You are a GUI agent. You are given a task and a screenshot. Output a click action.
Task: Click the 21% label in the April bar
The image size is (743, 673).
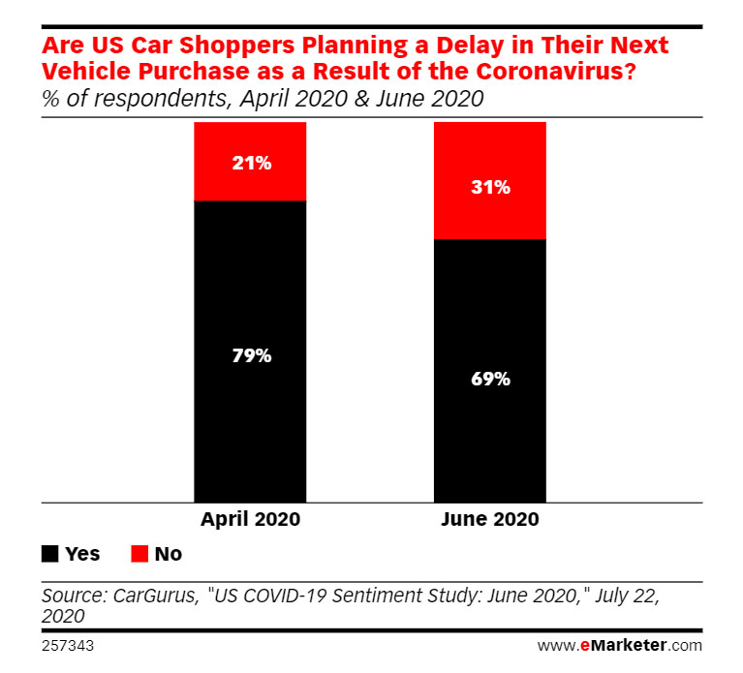tap(251, 163)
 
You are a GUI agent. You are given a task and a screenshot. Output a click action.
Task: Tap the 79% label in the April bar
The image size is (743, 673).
tap(251, 355)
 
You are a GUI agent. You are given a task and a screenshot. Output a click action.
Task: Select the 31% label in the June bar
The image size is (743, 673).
tap(490, 187)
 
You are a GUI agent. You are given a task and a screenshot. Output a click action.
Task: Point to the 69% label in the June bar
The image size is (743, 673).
tap(490, 379)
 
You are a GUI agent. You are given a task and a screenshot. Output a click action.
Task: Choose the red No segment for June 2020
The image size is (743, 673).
tap(490, 218)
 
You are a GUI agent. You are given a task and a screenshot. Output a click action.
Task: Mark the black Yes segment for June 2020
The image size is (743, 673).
tap(490, 445)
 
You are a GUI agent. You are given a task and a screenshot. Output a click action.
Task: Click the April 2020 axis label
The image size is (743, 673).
tap(251, 519)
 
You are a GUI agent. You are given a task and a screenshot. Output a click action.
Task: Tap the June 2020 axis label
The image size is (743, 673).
tap(490, 519)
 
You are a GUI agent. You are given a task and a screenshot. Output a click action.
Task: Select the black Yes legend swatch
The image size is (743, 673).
tap(49, 554)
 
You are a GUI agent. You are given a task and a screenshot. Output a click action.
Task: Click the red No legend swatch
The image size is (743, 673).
tap(139, 554)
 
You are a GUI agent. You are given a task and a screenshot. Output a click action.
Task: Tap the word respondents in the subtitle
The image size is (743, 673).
tap(141, 99)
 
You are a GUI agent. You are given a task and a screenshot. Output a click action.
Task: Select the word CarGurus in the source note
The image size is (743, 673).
tap(151, 596)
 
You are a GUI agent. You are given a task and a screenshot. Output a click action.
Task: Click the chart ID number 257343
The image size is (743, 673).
tap(67, 644)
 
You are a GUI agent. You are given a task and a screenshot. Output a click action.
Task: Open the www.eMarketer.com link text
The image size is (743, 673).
tap(619, 644)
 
